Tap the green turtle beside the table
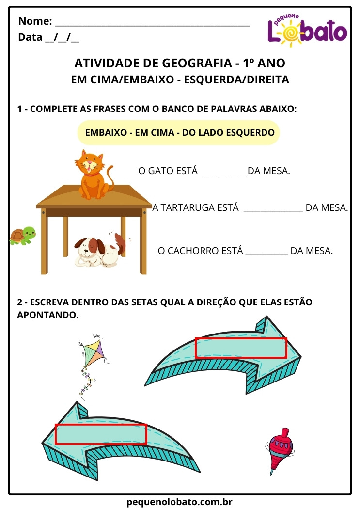[x=23, y=236]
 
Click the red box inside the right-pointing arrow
[x=241, y=348]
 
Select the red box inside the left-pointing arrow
[x=101, y=434]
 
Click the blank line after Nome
[x=153, y=22]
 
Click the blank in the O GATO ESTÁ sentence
[x=223, y=171]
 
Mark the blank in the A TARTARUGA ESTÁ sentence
[x=273, y=208]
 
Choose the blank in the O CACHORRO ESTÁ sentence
[x=266, y=252]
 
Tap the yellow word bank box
[x=179, y=132]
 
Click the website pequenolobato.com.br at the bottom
[x=180, y=502]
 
